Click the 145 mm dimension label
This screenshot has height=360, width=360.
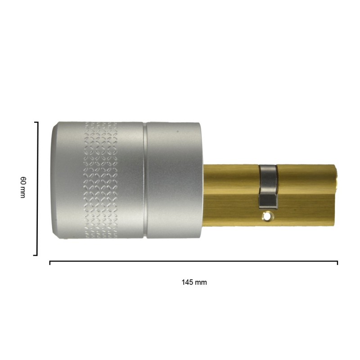[194, 282]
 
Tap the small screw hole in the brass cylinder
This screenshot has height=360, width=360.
[267, 216]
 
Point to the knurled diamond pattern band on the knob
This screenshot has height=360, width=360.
[101, 180]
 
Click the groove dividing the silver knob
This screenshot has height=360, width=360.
[145, 180]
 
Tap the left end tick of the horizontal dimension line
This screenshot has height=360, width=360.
[50, 263]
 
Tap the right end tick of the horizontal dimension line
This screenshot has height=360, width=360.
[337, 263]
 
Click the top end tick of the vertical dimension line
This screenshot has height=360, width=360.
[36, 122]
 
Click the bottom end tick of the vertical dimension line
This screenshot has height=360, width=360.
[36, 255]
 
